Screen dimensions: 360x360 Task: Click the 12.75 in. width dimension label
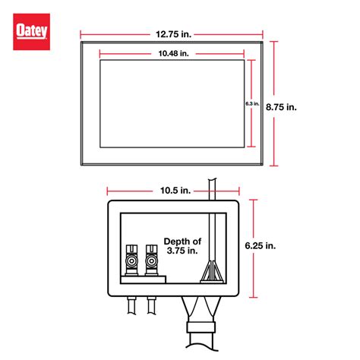(x=171, y=33)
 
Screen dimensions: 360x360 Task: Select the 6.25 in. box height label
(x=260, y=246)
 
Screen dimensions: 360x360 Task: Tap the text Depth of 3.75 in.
(x=182, y=247)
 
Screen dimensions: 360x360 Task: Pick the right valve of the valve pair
(x=153, y=261)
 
